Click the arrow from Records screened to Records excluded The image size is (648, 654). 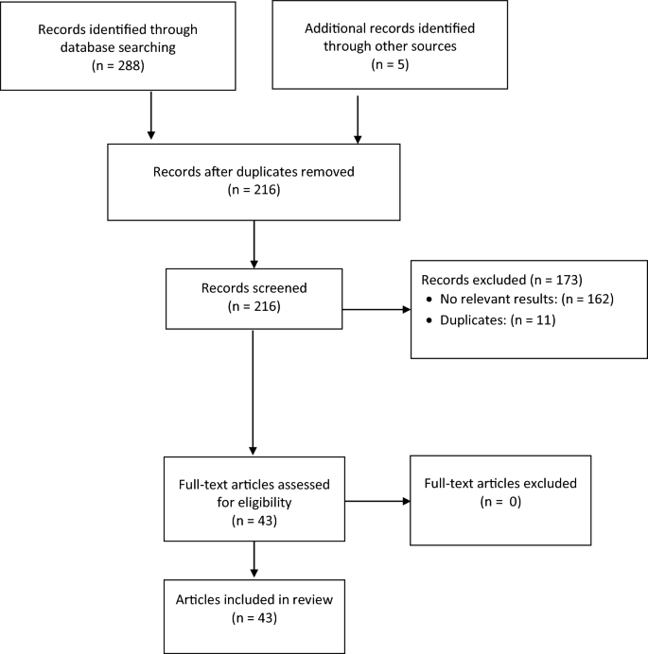click(x=376, y=309)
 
